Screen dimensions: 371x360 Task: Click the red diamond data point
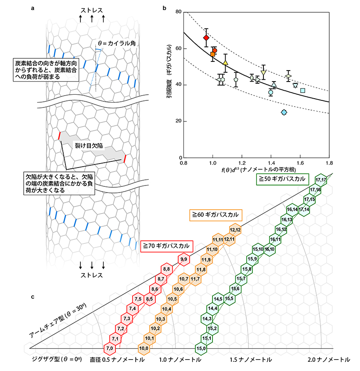pos(206,38)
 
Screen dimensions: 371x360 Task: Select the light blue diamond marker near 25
pos(284,112)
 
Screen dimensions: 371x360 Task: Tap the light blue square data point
pos(302,90)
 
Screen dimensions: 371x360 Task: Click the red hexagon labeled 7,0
pos(109,348)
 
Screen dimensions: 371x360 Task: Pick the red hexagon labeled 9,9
pos(184,260)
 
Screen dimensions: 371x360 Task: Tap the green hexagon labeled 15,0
pos(202,348)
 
